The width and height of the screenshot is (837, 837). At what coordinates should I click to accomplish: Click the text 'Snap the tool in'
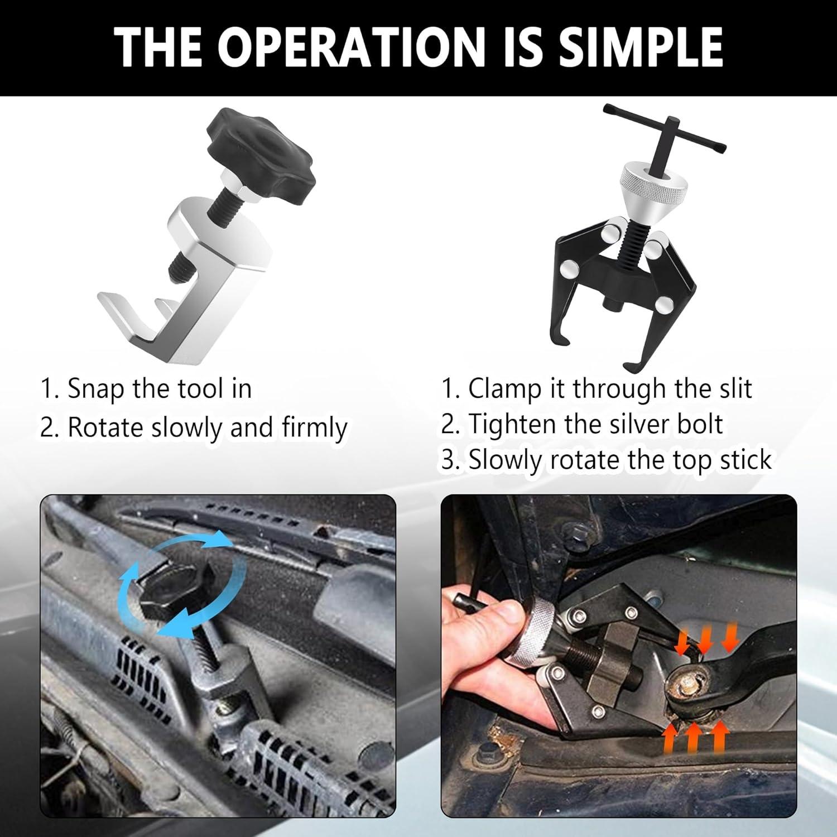point(160,388)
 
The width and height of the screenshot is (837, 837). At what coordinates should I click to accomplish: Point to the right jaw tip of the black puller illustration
point(634,365)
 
